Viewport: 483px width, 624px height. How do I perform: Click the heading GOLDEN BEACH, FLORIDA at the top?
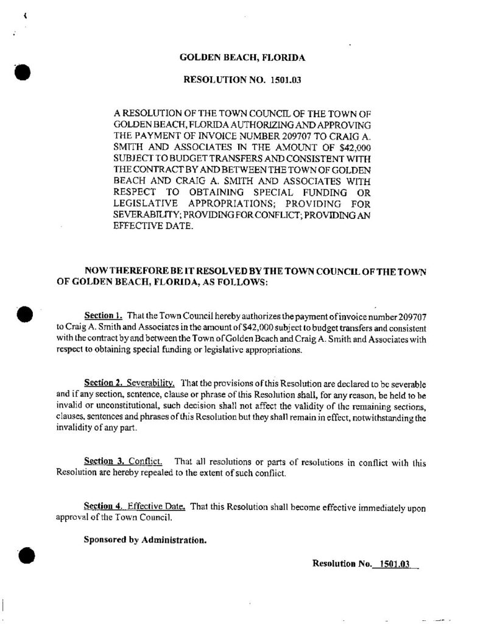[x=242, y=58]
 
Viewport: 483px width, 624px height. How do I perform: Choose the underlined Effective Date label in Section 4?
[x=157, y=506]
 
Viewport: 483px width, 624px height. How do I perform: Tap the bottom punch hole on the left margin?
[x=25, y=555]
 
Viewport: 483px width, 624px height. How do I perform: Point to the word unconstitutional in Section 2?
[x=111, y=406]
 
